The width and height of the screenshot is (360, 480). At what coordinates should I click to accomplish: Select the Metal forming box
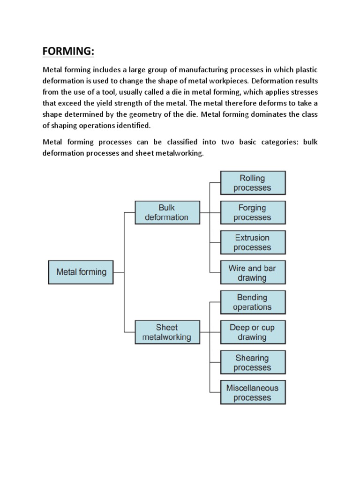(81, 272)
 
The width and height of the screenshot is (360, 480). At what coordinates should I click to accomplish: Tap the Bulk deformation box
(167, 212)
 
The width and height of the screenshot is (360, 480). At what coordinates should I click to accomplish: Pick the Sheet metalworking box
(167, 332)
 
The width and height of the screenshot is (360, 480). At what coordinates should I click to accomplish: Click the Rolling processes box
(252, 183)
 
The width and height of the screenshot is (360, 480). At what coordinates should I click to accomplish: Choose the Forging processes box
(252, 212)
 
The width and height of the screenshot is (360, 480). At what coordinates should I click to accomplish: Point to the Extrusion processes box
(252, 242)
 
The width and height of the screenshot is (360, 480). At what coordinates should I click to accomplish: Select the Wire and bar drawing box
(252, 273)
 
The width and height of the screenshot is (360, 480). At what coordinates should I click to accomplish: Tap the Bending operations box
(252, 302)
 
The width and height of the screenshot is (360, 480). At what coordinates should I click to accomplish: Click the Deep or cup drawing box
(252, 332)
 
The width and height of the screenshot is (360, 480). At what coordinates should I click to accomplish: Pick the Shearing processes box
(252, 363)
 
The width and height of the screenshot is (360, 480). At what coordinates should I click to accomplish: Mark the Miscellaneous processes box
(252, 393)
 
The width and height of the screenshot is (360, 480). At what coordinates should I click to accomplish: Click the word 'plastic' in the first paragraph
(306, 69)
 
